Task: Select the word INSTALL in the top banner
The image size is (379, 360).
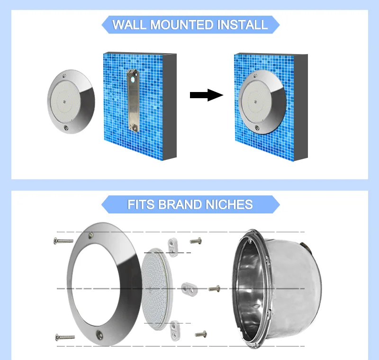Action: [x=243, y=25]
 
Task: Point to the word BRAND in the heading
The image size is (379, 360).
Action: [x=180, y=204]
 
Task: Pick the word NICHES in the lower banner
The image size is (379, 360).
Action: [x=229, y=204]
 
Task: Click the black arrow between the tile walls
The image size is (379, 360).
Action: [x=207, y=95]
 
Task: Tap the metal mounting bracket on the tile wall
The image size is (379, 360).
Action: [x=133, y=101]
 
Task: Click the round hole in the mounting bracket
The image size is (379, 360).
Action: [x=133, y=80]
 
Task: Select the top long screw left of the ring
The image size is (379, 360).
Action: [x=63, y=241]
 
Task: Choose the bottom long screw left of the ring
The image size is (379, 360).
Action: [x=65, y=337]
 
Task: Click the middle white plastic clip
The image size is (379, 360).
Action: [x=189, y=289]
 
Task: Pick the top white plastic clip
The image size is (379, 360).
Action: [x=173, y=247]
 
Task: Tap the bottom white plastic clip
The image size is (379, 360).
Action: [x=175, y=330]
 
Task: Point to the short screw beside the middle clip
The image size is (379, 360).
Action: [x=214, y=288]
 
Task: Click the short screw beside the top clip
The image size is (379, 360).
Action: [x=196, y=240]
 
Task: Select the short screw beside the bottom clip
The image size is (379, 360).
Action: [x=201, y=334]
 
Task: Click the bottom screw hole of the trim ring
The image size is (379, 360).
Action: [x=99, y=334]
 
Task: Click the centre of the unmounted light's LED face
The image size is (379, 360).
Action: [x=64, y=102]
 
